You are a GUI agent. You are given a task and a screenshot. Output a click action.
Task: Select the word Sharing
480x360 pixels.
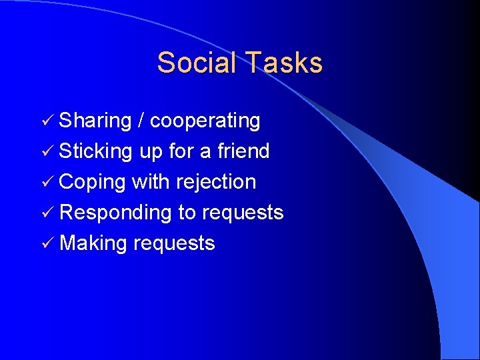tap(95, 121)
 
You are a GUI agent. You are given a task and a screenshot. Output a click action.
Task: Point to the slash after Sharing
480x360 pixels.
tap(141, 121)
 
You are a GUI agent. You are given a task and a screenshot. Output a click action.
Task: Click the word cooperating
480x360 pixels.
tap(205, 121)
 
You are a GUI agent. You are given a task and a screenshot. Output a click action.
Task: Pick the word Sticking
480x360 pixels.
tap(96, 152)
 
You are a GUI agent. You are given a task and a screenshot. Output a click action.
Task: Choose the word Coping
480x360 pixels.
tap(93, 183)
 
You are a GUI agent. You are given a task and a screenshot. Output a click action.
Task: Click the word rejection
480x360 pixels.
tap(217, 182)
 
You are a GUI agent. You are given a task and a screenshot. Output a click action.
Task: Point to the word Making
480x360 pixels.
tap(93, 244)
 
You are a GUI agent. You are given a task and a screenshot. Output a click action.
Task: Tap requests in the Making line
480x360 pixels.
tap(174, 244)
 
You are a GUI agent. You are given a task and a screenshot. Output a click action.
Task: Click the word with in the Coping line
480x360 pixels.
tap(151, 182)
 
